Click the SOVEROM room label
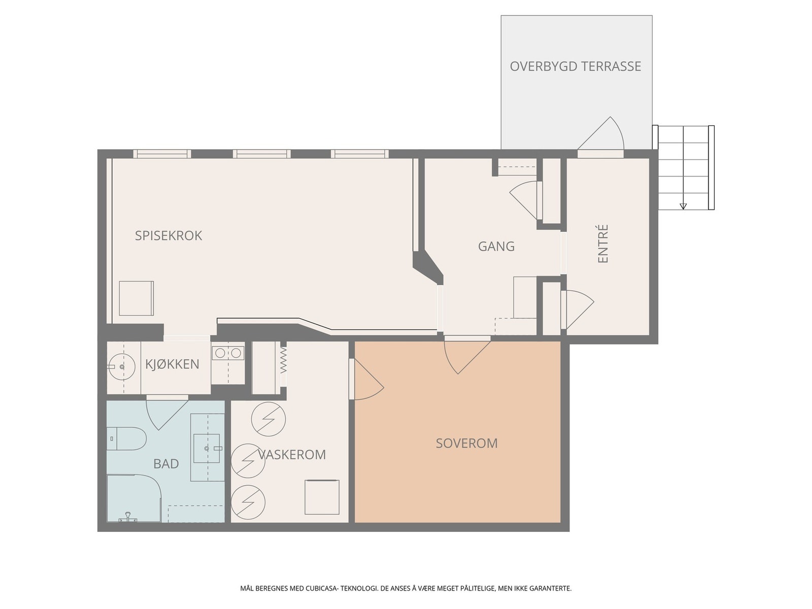(x=466, y=443)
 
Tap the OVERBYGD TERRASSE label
(x=575, y=66)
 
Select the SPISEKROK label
(x=168, y=235)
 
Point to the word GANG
(x=496, y=246)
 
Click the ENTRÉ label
(x=602, y=244)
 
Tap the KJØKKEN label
(x=172, y=364)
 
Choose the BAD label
(x=166, y=464)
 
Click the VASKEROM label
(x=292, y=454)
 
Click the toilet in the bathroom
(x=126, y=438)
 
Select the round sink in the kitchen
(x=121, y=366)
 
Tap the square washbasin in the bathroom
(x=207, y=449)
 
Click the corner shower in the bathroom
(x=134, y=498)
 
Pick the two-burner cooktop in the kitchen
(x=228, y=353)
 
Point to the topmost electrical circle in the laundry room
(x=268, y=419)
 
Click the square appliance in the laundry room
(x=322, y=497)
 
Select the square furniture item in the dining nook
(x=136, y=298)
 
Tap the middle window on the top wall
(x=261, y=154)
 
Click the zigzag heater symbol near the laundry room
(x=283, y=359)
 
